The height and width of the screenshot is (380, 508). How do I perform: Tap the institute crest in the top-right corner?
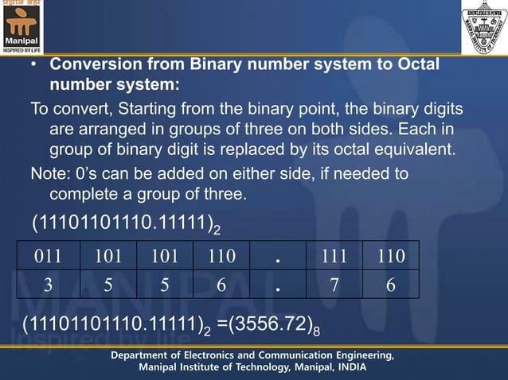tap(484, 27)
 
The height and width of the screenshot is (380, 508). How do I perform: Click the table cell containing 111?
tap(334, 255)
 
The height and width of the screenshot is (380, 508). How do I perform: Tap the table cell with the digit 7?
tap(334, 284)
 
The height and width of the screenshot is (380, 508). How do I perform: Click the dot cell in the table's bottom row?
tap(277, 284)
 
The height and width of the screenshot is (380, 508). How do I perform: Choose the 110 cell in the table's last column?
tap(390, 255)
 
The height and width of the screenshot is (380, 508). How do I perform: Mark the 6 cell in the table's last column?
tap(390, 284)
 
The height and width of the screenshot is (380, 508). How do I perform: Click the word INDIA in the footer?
tap(351, 366)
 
